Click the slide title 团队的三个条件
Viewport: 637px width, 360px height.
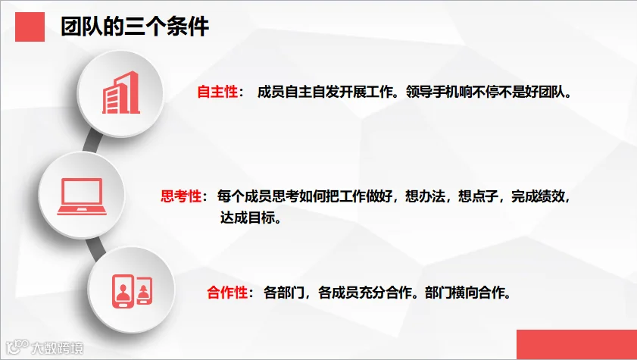coord(135,27)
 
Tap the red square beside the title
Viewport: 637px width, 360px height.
coord(30,27)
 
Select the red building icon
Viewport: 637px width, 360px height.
coord(121,92)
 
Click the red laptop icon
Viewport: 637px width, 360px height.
coord(82,196)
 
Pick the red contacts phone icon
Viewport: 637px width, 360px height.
coord(132,291)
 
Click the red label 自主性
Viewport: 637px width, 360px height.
coord(217,92)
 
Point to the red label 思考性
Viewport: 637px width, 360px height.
coord(181,196)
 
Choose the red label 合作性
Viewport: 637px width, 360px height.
coord(227,292)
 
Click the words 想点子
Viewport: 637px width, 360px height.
coord(478,196)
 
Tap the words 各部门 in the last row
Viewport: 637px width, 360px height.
coord(283,292)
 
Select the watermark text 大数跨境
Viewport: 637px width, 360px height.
coord(58,348)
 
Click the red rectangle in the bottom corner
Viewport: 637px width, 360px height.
coord(577,345)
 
